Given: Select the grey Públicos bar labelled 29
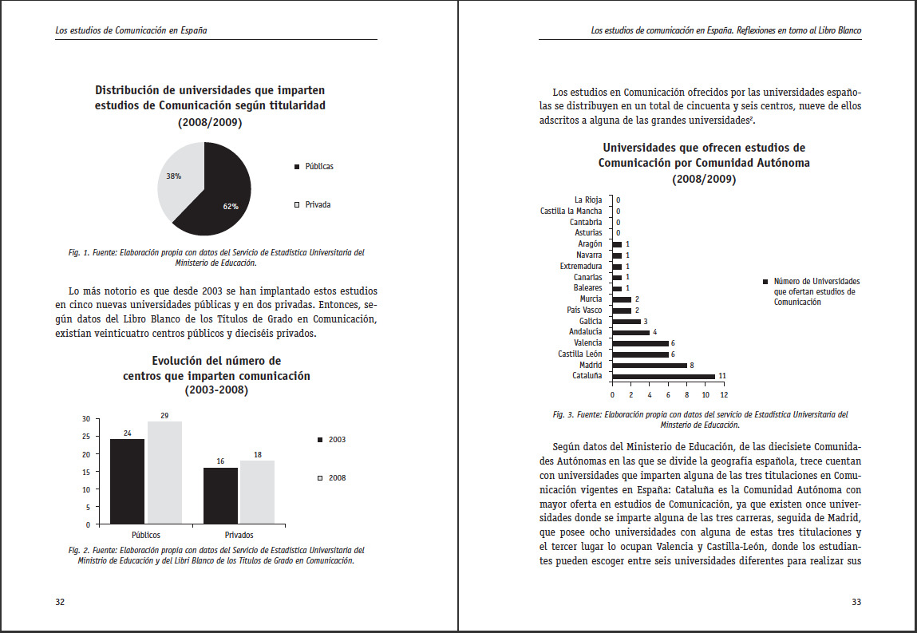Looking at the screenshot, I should click(164, 473).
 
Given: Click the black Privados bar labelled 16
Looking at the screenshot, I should click(220, 496).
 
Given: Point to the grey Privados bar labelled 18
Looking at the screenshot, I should click(257, 492).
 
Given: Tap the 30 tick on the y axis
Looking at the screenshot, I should click(85, 418).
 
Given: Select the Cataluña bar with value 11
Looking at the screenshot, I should click(663, 375).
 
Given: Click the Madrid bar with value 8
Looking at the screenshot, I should click(649, 365).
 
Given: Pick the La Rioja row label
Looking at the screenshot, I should click(588, 200).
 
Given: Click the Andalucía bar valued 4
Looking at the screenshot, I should click(630, 332).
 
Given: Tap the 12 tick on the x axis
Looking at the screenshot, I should click(723, 394).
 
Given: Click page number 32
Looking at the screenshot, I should click(60, 602).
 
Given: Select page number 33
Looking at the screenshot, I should click(856, 602).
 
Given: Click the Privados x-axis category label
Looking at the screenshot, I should click(239, 535).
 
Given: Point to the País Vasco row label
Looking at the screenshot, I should click(584, 310).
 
